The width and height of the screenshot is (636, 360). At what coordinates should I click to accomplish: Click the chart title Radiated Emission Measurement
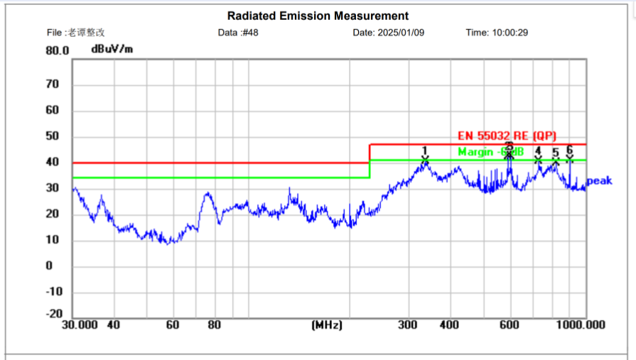[318, 16]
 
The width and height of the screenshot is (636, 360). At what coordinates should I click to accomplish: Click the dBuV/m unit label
[112, 49]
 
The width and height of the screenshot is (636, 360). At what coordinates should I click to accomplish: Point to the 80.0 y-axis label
[58, 51]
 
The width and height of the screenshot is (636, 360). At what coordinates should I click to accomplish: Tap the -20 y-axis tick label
[54, 314]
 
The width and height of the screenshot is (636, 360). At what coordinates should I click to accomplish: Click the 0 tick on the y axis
[49, 266]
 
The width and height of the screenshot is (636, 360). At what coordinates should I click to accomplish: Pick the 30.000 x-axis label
[79, 325]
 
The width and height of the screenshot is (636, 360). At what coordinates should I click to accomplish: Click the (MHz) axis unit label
[327, 325]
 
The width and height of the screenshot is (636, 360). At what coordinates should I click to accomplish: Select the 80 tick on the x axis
[215, 325]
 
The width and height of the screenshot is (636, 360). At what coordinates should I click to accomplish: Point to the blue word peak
[599, 181]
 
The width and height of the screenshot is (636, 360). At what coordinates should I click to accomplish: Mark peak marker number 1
[425, 151]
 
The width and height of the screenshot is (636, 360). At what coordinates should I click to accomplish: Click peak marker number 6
[569, 150]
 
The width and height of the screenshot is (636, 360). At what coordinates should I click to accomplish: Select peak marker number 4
[538, 151]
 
